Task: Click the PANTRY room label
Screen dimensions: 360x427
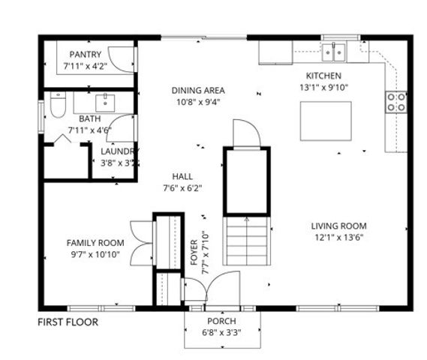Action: pos(86,55)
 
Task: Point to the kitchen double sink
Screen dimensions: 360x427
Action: pos(334,52)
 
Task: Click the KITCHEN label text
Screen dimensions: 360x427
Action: pos(323,76)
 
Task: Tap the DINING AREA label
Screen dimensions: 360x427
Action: pos(198,91)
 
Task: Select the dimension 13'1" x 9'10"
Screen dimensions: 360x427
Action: pos(323,86)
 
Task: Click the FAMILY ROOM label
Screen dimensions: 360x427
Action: pos(95,242)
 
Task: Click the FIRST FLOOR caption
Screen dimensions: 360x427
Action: pos(68,322)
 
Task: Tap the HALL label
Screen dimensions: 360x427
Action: pos(182,176)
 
